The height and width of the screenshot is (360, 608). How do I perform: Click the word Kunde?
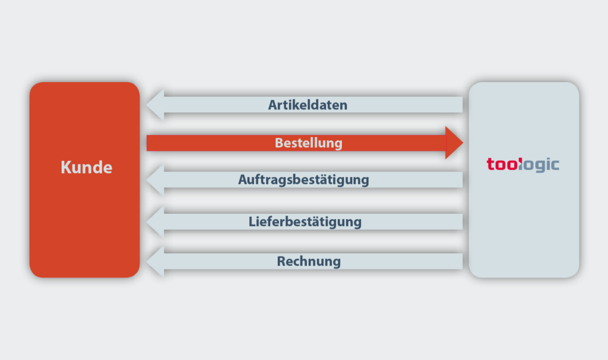click(x=87, y=167)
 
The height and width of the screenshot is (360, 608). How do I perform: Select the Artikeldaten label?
click(x=308, y=105)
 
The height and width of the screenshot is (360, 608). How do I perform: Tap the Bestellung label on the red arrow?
click(x=309, y=143)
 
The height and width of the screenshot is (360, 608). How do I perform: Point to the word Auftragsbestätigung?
click(x=303, y=180)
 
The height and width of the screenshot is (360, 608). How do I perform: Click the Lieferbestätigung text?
click(x=305, y=222)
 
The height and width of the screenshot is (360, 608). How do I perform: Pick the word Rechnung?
click(x=309, y=261)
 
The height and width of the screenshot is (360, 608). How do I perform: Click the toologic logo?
click(x=523, y=165)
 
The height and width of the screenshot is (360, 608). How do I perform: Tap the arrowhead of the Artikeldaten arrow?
click(x=156, y=105)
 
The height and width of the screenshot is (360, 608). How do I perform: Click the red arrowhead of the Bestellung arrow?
click(x=454, y=143)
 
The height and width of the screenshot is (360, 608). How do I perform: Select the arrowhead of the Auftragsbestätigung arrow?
click(x=156, y=179)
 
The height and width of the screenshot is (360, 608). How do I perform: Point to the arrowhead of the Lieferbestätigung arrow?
click(x=156, y=222)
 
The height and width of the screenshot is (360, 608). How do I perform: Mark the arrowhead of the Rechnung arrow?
click(x=156, y=261)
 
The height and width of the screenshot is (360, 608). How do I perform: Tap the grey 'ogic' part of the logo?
click(x=539, y=165)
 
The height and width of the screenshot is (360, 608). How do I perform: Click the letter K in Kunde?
click(x=65, y=167)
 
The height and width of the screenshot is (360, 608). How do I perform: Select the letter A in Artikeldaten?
click(x=273, y=105)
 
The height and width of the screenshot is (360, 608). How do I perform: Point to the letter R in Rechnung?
click(x=281, y=261)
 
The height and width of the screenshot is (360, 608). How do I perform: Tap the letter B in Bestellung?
click(x=279, y=143)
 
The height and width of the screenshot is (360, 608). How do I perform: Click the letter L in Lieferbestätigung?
click(x=252, y=222)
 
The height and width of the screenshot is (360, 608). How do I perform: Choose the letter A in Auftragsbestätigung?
click(x=243, y=179)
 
